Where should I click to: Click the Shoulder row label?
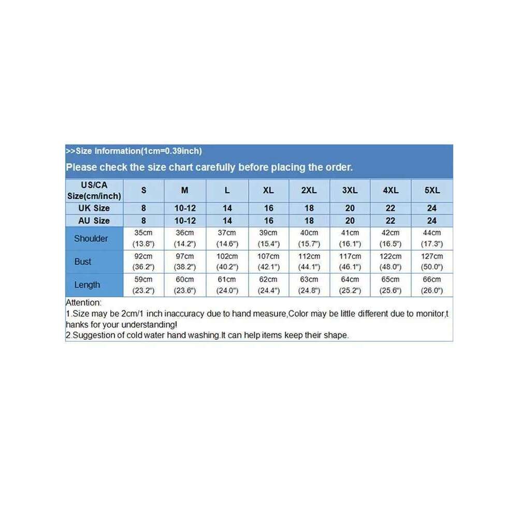click(x=91, y=239)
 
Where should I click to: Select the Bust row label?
click(x=83, y=262)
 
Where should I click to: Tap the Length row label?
click(x=87, y=285)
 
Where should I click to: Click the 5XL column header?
click(x=432, y=190)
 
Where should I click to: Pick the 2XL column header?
click(x=309, y=190)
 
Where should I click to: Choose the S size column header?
click(x=143, y=190)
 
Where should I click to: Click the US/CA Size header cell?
click(x=94, y=190)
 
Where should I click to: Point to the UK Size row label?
click(x=94, y=208)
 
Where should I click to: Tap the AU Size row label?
click(x=94, y=221)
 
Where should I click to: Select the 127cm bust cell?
click(x=432, y=262)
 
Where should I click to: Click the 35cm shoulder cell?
click(x=143, y=238)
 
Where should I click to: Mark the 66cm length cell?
click(x=432, y=285)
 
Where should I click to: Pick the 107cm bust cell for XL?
click(x=268, y=262)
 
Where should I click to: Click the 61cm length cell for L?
click(x=227, y=285)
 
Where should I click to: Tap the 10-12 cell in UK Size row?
click(x=185, y=208)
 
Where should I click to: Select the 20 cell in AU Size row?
click(x=350, y=221)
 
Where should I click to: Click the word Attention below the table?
click(x=84, y=303)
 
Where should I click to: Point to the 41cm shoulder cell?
click(x=350, y=238)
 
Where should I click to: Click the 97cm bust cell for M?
click(x=185, y=262)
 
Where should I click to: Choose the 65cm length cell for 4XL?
click(x=391, y=285)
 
